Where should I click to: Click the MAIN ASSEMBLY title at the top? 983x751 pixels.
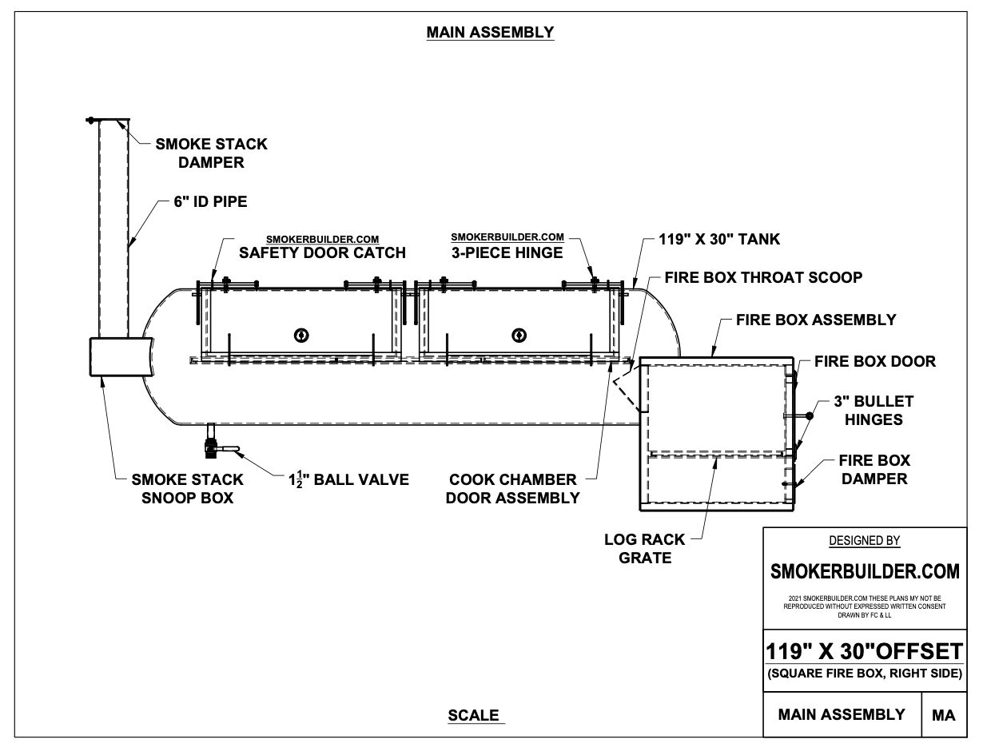pos(490,33)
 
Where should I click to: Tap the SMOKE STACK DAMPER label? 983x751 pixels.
pos(211,153)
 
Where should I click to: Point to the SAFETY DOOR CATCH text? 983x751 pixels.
pos(323,252)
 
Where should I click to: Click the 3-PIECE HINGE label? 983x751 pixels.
pos(507,252)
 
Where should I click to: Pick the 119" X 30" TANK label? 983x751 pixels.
pos(719,239)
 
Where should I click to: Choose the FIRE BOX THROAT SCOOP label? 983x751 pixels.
pos(762,278)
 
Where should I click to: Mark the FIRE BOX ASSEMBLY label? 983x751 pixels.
pos(816,320)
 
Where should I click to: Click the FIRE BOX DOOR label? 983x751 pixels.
pos(874,361)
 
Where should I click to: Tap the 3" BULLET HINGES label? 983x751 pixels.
pos(874,410)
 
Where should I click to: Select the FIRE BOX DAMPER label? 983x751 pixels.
pos(874,470)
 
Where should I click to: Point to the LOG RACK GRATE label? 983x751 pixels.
pos(645,548)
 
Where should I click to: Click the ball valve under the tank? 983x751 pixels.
pos(213,447)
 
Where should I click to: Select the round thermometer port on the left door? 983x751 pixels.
pos(301,334)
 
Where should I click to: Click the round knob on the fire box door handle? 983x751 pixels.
pos(809,415)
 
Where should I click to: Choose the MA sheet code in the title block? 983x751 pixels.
pos(943,716)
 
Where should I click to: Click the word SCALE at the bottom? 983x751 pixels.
pos(473,715)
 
